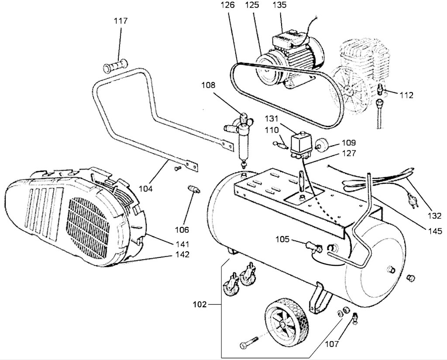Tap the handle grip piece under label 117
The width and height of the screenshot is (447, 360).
pyautogui.click(x=116, y=67)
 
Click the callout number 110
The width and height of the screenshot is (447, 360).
pyautogui.click(x=272, y=130)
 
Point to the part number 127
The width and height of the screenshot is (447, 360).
pyautogui.click(x=349, y=153)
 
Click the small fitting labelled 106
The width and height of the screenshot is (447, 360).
pyautogui.click(x=193, y=190)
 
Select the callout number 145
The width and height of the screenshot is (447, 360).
pyautogui.click(x=435, y=231)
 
